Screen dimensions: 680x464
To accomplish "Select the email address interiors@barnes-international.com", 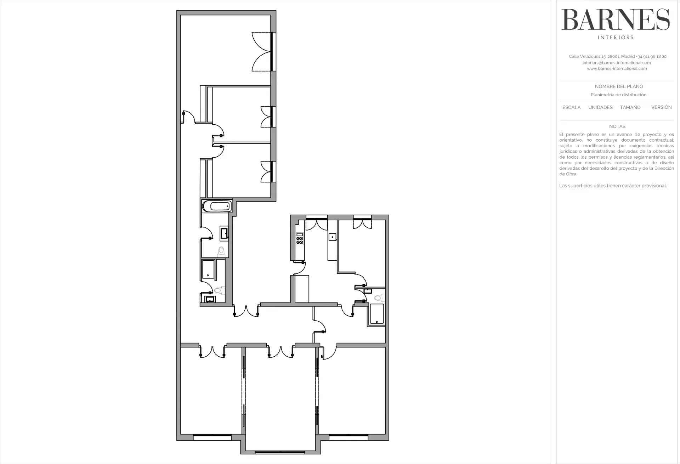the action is pos(617,63).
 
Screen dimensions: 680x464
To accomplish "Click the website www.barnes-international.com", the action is pos(617,69).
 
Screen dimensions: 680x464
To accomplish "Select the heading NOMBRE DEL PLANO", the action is pos(619,86).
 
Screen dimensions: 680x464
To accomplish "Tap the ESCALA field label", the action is pos(571,107).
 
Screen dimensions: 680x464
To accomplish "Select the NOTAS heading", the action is pos(617,126).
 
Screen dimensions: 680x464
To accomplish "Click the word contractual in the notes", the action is pos(661,140).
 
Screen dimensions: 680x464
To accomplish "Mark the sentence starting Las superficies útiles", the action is pos(613,186).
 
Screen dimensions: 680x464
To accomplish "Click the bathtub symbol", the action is pos(216,206).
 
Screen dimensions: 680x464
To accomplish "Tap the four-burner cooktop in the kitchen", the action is pos(300,241).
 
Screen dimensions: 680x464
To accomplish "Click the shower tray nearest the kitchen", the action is pos(377,314).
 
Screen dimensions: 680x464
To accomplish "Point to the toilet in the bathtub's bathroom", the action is pos(221,251).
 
